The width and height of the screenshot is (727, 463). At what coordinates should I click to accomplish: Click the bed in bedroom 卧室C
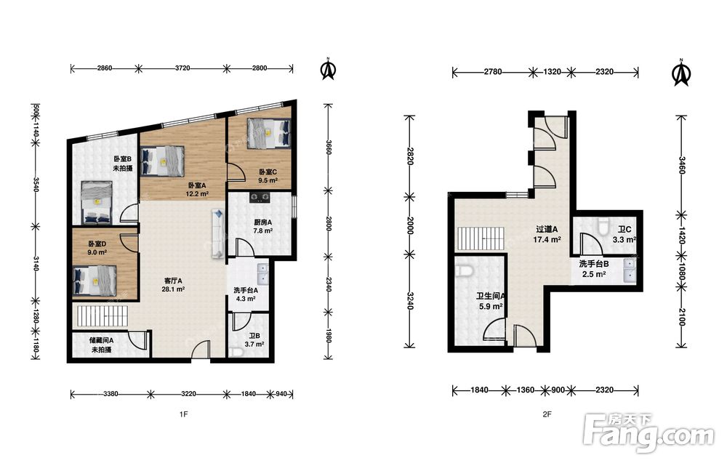(269, 134)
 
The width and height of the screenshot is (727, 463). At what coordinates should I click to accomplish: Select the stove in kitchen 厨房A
(260, 198)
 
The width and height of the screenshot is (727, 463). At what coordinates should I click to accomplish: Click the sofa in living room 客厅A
(218, 233)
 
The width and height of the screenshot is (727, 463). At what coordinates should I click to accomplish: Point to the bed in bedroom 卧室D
(95, 281)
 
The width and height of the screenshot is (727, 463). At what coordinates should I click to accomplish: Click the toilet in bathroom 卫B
(236, 352)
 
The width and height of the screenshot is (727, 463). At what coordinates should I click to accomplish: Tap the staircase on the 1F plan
(103, 315)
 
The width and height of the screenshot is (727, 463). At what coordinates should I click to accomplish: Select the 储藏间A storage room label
(102, 345)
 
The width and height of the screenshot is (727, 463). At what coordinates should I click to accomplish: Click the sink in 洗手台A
(262, 273)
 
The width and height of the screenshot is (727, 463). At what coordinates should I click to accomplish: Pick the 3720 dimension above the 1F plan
(182, 68)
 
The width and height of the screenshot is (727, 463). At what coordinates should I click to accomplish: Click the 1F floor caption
(184, 414)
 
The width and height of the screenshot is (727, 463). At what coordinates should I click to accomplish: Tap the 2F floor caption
(547, 414)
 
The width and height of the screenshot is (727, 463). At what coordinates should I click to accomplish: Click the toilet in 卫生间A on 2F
(464, 271)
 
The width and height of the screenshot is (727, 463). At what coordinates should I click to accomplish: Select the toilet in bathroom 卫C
(603, 226)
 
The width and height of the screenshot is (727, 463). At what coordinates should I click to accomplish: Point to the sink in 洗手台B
(630, 270)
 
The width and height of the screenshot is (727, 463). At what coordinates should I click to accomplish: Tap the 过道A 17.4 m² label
(547, 235)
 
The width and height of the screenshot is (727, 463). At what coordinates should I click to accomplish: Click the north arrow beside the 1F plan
(329, 69)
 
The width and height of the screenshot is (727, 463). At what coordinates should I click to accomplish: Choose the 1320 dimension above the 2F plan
(552, 72)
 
